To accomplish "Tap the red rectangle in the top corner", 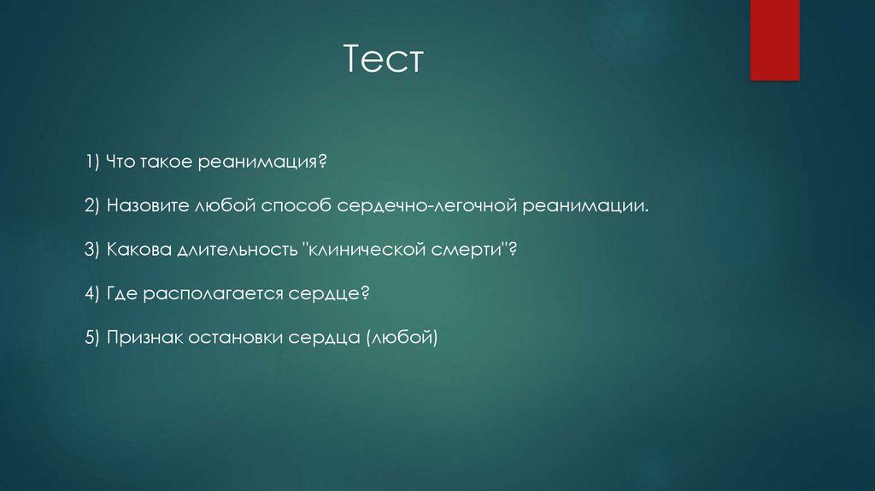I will point(774,39).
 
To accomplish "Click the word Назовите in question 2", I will point(144,206).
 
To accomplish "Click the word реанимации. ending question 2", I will point(587,206).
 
